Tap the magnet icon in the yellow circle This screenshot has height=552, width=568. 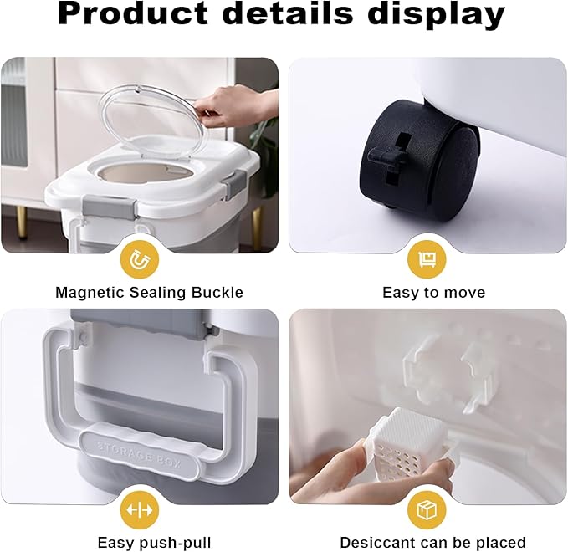tap(140, 259)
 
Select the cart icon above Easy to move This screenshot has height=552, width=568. tap(427, 259)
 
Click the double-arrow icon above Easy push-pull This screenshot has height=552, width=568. tap(140, 509)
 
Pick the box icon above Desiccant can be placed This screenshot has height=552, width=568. tap(427, 509)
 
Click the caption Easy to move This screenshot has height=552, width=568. tap(433, 293)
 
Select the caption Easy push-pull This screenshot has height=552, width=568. tap(154, 543)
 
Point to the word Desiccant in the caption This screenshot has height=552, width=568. tap(374, 543)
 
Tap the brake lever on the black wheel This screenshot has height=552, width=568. tap(386, 156)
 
